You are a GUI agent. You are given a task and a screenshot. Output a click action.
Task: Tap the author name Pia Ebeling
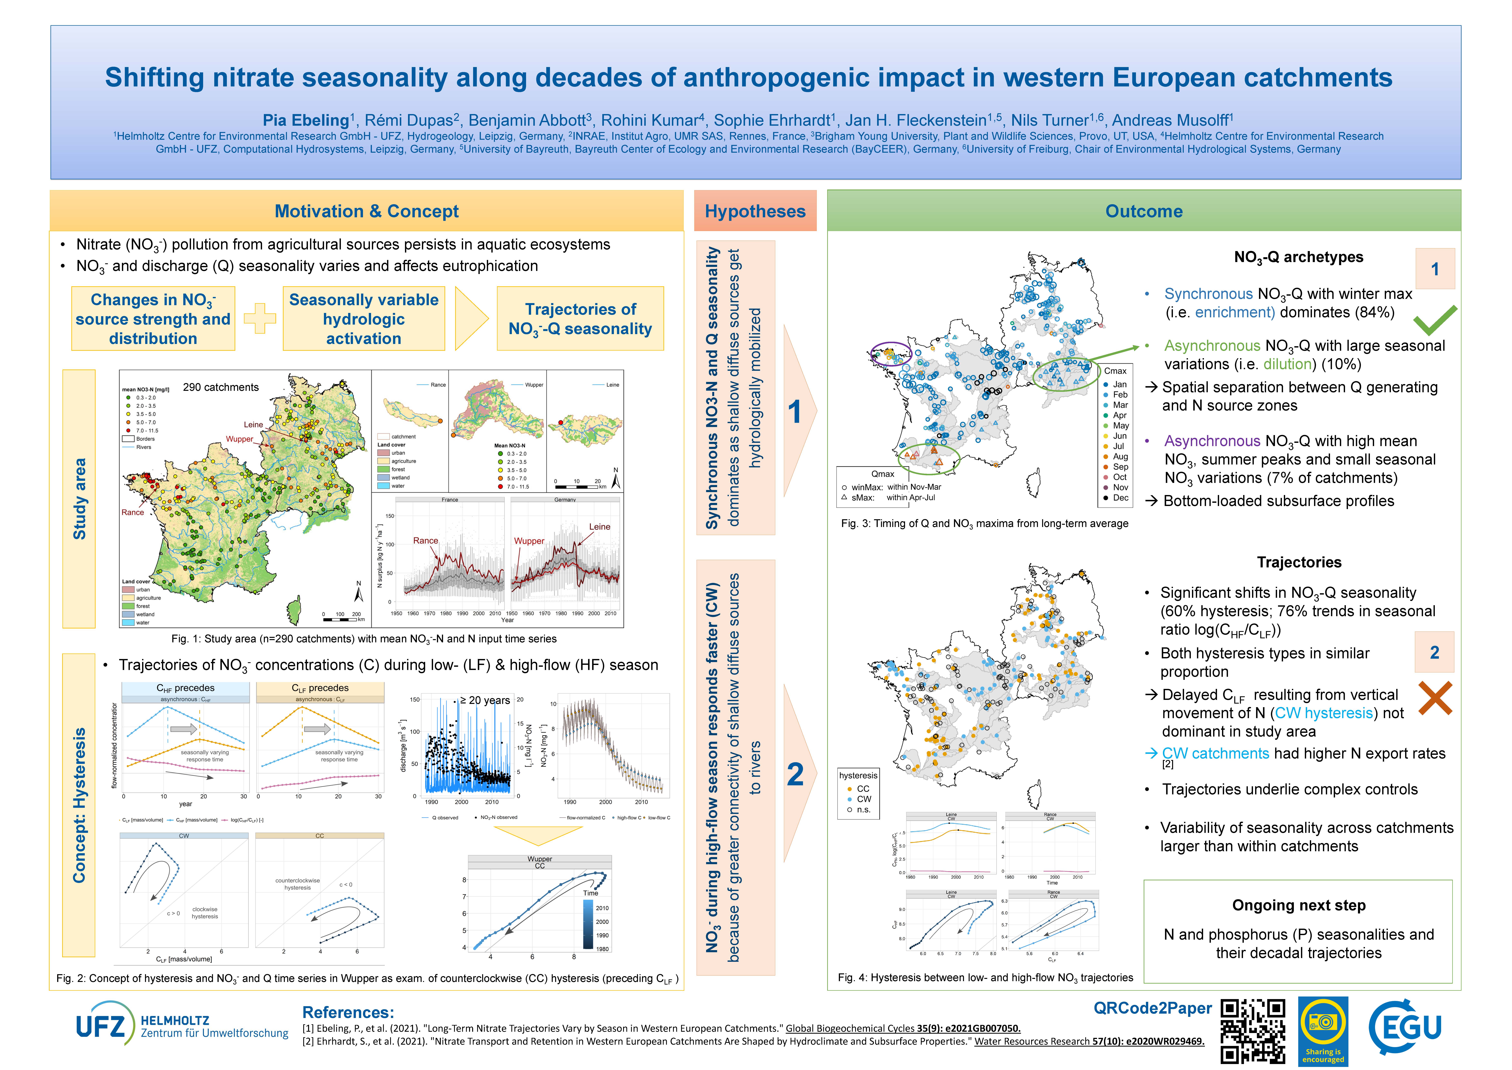pyautogui.click(x=306, y=121)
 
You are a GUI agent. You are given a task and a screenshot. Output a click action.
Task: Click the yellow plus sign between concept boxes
pyautogui.click(x=259, y=319)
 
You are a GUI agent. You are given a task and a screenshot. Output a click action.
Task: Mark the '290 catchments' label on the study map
pyautogui.click(x=221, y=387)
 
